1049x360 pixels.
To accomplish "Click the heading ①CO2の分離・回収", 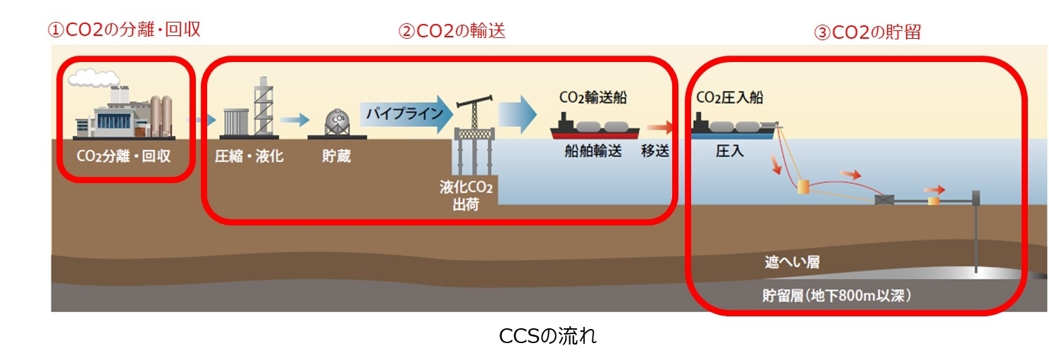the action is coord(124,30).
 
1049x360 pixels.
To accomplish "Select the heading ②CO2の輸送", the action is coord(452,31).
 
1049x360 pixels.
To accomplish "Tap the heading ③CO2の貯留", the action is coord(868,32).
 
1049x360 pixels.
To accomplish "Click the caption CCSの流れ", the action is coord(548,335).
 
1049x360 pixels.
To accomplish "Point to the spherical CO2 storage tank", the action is coord(337,122).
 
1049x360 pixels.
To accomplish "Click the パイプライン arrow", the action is coord(406,114).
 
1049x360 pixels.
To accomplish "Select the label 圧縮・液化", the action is coord(249,156).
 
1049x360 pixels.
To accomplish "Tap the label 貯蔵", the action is coord(336,156).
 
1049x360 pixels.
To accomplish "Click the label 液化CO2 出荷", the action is coord(466,196).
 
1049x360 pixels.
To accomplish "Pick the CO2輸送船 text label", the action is coord(593,97).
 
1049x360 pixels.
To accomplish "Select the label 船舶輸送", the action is coord(593,151).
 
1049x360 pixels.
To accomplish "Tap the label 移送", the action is coord(655,151).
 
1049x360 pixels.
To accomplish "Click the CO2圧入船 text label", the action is coord(730,97).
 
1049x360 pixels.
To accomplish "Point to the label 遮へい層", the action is coord(792,261).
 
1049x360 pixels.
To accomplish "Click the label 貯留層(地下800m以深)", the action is coord(837,295).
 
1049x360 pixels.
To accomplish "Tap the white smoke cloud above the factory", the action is coord(94,78).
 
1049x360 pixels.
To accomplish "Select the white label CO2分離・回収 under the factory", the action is coord(123,156).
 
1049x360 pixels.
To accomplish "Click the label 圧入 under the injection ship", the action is coord(730,151).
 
